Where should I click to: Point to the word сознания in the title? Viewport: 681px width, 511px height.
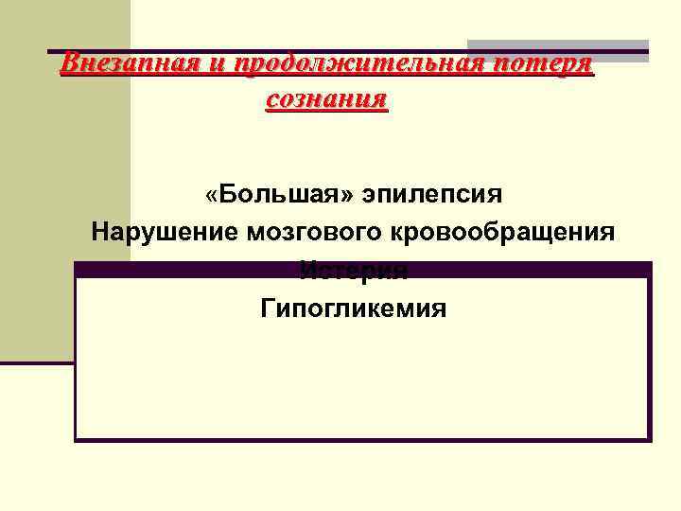327,97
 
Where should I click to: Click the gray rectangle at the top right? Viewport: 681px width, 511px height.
558,47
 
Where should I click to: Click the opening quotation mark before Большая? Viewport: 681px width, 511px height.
211,196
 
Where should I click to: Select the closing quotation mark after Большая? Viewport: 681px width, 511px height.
354,196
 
